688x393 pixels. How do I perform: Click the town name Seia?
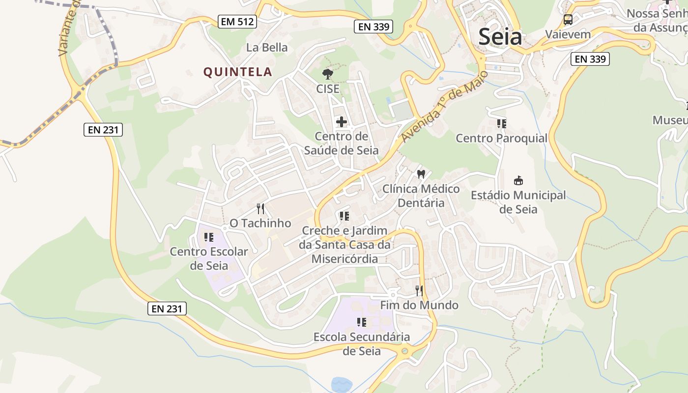click(x=500, y=37)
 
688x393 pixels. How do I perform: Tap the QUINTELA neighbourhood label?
click(x=238, y=72)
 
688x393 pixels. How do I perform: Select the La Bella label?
click(x=267, y=48)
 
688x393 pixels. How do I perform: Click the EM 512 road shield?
click(x=238, y=22)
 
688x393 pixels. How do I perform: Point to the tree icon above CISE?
click(x=327, y=75)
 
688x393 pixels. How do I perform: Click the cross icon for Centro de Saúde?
click(x=341, y=122)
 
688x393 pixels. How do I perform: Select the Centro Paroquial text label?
click(x=501, y=138)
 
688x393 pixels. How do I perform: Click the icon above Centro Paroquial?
click(x=501, y=123)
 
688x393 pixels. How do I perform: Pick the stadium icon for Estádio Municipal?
click(x=518, y=181)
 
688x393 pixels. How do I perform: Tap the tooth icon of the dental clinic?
click(x=421, y=174)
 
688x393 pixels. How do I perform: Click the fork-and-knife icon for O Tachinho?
click(x=260, y=209)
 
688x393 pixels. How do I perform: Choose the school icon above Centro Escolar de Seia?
click(x=209, y=237)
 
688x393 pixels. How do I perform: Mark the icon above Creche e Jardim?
click(x=344, y=216)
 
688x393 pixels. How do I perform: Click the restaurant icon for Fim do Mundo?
click(x=419, y=291)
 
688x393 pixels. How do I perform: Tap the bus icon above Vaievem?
click(x=568, y=20)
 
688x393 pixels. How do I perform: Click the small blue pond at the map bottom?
click(x=340, y=385)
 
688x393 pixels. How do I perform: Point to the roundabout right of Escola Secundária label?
click(x=405, y=351)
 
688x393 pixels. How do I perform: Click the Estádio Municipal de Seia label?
click(x=518, y=202)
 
